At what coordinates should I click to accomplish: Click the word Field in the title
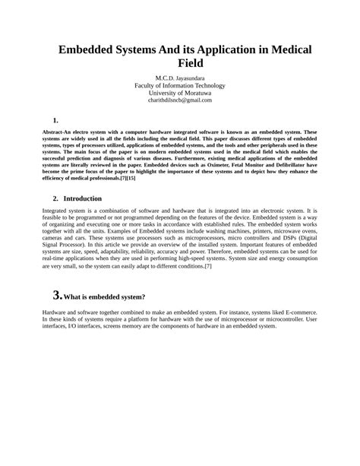pyautogui.click(x=179, y=63)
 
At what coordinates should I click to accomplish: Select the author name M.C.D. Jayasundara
pyautogui.click(x=180, y=78)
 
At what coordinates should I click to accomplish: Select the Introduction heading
pyautogui.click(x=83, y=198)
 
